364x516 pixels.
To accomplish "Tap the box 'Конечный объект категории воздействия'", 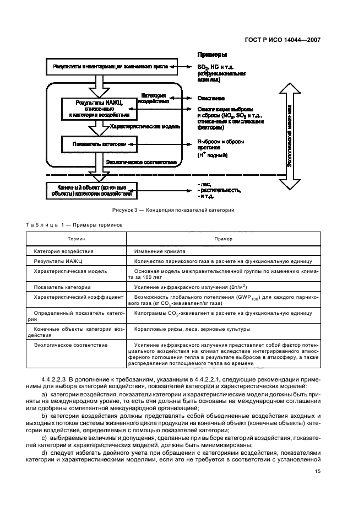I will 91,190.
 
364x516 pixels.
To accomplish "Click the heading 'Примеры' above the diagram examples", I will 212,55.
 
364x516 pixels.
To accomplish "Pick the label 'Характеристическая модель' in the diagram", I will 144,127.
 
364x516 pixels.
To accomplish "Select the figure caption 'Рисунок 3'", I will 173,210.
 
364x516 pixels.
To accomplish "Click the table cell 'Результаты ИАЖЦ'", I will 57,261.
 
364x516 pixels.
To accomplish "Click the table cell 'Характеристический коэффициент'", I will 78,297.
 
